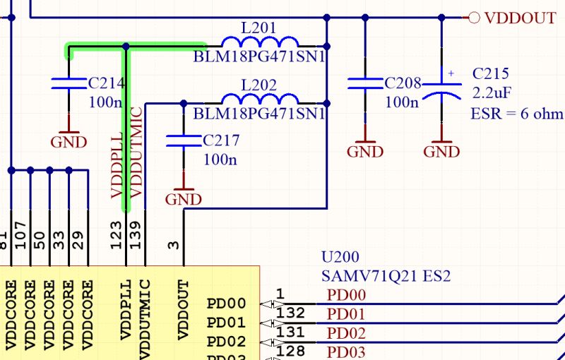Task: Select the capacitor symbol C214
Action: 69,84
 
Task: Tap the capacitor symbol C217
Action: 183,140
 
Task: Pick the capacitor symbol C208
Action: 365,84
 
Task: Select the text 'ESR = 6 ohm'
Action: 516,114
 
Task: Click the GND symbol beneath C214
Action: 69,137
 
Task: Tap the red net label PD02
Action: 347,332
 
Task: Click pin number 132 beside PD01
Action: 290,313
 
